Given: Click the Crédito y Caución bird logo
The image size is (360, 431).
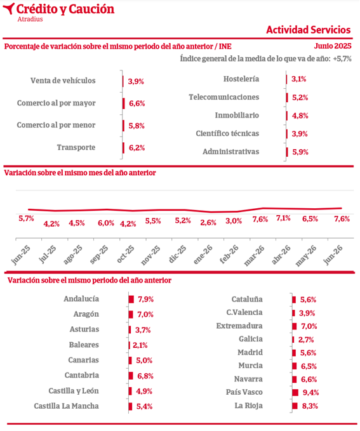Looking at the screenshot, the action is coord(9,8).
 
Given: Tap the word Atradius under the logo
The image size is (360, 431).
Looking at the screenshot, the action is coord(30,19).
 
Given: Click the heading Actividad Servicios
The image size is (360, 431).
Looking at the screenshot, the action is coord(309,30).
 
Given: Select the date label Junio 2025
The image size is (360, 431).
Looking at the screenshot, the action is coord(333,46).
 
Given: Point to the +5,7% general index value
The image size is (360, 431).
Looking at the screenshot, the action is coord(342,58).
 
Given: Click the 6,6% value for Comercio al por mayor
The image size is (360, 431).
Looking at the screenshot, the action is coord(137,103).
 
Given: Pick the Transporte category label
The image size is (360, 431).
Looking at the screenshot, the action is coord(76,147).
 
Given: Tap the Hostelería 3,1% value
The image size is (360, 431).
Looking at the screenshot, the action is coord(298,79).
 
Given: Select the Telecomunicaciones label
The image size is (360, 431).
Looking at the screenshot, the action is coord(224,97).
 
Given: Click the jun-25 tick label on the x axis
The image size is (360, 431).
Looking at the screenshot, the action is coord(21,255).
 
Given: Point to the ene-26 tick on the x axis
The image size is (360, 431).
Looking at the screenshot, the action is coord(203,255).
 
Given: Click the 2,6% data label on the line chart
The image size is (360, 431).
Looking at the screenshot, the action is coord(208,223).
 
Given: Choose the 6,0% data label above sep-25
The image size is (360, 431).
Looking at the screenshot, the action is coord(106,223).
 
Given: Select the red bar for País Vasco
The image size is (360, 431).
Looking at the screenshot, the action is coord(295,392).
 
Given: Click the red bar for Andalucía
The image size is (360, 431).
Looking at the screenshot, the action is coord(131,299).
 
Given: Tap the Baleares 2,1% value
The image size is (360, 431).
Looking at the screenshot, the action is coord(140,345).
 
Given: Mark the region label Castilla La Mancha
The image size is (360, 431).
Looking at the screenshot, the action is coord(66,406).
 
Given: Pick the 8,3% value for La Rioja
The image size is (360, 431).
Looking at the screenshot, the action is coord(310,406).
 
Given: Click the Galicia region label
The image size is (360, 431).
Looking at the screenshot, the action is coord(251,339).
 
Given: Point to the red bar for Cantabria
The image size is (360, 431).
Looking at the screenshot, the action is coord(131,376).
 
